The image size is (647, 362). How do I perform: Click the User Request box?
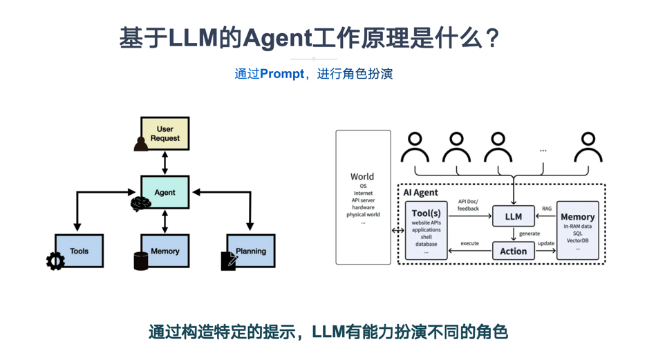[165, 133]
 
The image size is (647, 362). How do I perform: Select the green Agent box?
[165, 192]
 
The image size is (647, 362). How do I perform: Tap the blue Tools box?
[79, 251]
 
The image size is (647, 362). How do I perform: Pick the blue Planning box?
[251, 251]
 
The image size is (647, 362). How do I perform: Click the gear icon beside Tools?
[55, 260]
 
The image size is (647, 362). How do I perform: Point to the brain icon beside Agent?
[140, 204]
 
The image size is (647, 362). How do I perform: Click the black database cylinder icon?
[141, 261]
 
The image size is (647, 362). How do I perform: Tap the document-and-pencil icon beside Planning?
[229, 260]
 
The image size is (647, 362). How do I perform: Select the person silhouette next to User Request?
[141, 143]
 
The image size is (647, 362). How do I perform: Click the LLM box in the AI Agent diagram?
[514, 216]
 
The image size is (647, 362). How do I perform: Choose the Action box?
[514, 251]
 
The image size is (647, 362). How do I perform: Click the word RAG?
[547, 209]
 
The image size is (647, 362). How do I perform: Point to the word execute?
[470, 244]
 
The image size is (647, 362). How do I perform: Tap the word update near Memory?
[546, 244]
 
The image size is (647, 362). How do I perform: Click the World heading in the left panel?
[362, 177]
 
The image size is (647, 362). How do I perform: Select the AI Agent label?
[421, 193]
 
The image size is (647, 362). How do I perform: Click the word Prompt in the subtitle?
[282, 74]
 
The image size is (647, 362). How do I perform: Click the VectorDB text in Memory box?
[577, 240]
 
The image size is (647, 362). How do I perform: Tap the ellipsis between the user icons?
[543, 150]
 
